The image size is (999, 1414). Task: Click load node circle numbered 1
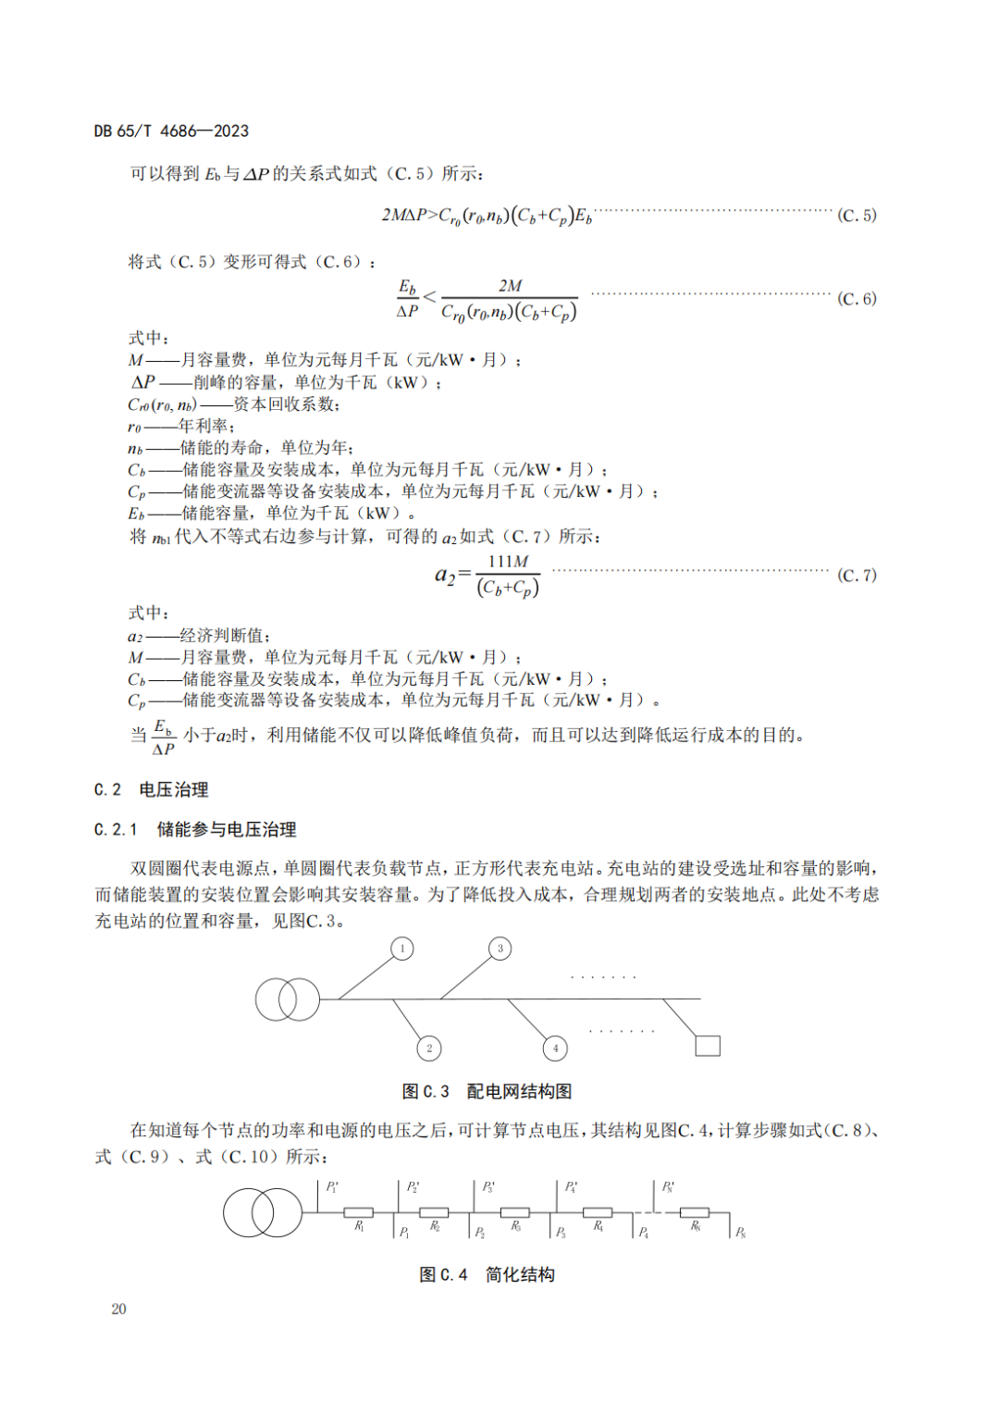[402, 949]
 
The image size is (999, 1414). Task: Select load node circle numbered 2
[428, 1048]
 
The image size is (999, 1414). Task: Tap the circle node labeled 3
[500, 949]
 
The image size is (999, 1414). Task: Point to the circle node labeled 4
[555, 1048]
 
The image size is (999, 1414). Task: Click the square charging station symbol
[708, 1046]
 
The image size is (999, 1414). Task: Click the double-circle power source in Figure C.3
[287, 999]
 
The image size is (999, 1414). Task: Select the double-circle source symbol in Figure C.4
[262, 1212]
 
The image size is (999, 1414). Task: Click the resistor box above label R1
[359, 1212]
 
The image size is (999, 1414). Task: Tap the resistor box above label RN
[695, 1212]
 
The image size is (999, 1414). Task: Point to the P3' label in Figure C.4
[489, 1187]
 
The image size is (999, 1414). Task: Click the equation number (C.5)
[857, 216]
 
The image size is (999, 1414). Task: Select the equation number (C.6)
[857, 299]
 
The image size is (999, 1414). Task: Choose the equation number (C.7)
[857, 576]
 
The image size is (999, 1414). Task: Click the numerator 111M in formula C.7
[508, 562]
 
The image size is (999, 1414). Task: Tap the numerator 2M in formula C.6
[510, 286]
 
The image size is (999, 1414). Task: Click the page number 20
[118, 1309]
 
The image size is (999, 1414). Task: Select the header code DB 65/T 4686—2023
[171, 131]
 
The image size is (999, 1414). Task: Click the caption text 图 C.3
[425, 1092]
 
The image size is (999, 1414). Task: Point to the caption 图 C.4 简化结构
[487, 1275]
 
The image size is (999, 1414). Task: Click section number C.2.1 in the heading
[116, 830]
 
